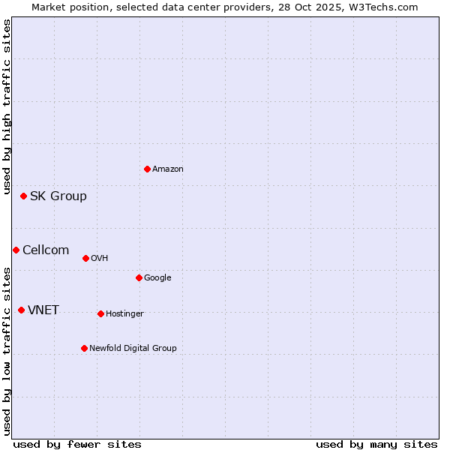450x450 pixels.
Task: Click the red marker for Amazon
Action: click(x=147, y=169)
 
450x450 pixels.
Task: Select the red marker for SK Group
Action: click(x=23, y=196)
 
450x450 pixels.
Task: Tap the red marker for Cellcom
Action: click(x=16, y=250)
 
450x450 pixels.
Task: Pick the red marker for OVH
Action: click(x=85, y=258)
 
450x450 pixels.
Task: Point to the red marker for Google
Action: click(x=139, y=277)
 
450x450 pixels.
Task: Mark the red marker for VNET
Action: click(x=21, y=310)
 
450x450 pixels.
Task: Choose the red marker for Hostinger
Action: click(x=100, y=313)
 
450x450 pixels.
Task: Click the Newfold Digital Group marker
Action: click(x=84, y=348)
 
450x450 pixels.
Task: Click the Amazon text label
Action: click(x=168, y=169)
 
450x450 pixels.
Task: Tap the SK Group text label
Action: click(x=58, y=196)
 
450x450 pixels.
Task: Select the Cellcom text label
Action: click(x=46, y=250)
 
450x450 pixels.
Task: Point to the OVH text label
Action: click(x=100, y=259)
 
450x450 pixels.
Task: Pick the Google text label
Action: click(x=157, y=278)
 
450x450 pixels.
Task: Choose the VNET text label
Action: click(x=43, y=310)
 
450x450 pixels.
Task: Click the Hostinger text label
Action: click(x=124, y=314)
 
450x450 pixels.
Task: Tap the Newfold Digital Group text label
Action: click(x=133, y=349)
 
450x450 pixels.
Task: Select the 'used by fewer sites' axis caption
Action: click(x=77, y=444)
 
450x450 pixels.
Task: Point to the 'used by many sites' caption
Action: click(x=376, y=444)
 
